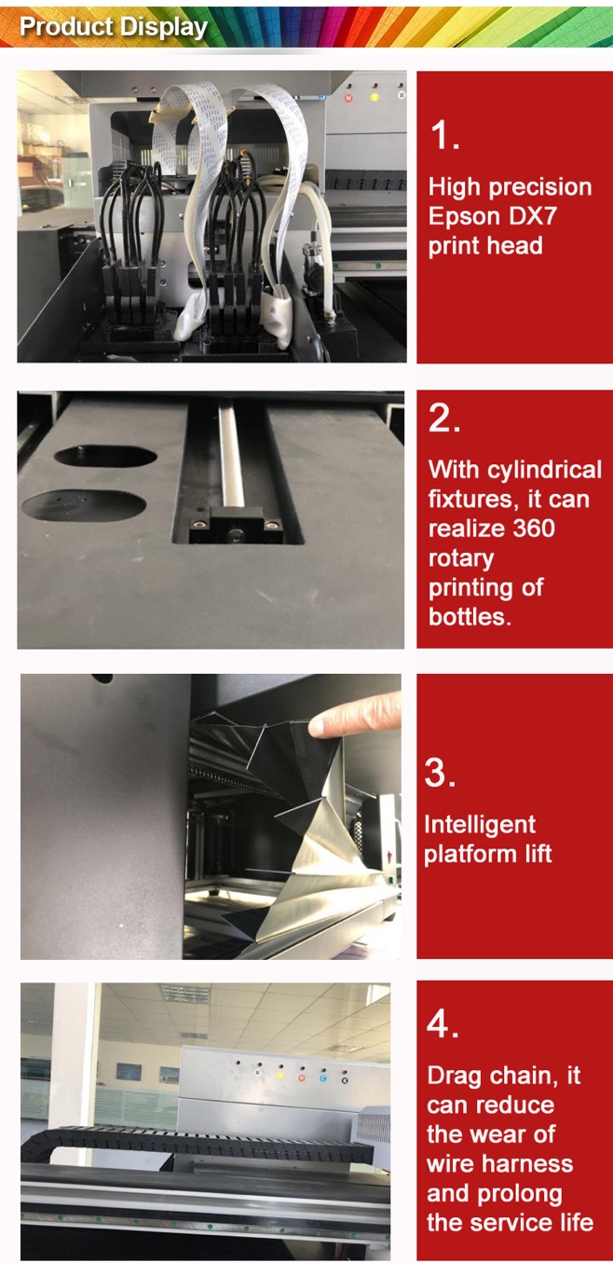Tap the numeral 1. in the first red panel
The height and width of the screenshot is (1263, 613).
click(x=444, y=135)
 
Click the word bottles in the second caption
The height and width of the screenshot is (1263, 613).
click(x=470, y=617)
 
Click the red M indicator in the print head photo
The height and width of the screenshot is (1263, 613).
click(x=348, y=98)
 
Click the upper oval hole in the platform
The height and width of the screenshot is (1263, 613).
click(x=105, y=456)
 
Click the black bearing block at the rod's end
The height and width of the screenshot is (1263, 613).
click(x=236, y=525)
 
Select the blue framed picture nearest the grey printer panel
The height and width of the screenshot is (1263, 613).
click(x=169, y=1075)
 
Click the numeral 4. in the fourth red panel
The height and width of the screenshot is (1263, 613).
click(x=443, y=1024)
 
